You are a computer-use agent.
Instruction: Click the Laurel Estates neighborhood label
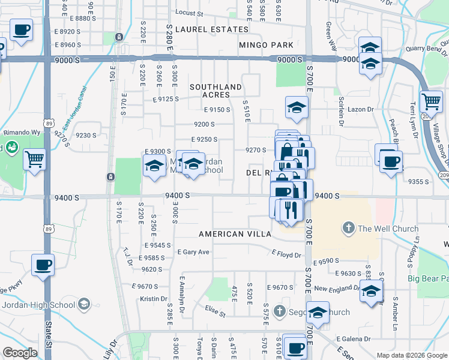[x=212, y=29]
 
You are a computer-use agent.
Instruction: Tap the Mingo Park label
[x=266, y=45]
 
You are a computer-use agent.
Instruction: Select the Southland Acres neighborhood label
[x=215, y=91]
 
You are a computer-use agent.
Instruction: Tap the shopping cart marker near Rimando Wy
[x=34, y=160]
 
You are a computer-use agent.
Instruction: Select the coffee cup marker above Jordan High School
[x=43, y=265]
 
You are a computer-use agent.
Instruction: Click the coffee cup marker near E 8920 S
[x=22, y=29]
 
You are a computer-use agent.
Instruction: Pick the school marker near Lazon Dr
[x=297, y=107]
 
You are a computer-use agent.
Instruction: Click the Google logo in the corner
[x=20, y=353]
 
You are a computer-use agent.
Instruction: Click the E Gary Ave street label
[x=193, y=252]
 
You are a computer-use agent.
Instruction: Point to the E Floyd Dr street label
[x=286, y=254]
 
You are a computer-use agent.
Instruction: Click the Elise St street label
[x=215, y=312]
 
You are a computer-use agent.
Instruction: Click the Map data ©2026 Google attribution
[x=412, y=355]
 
